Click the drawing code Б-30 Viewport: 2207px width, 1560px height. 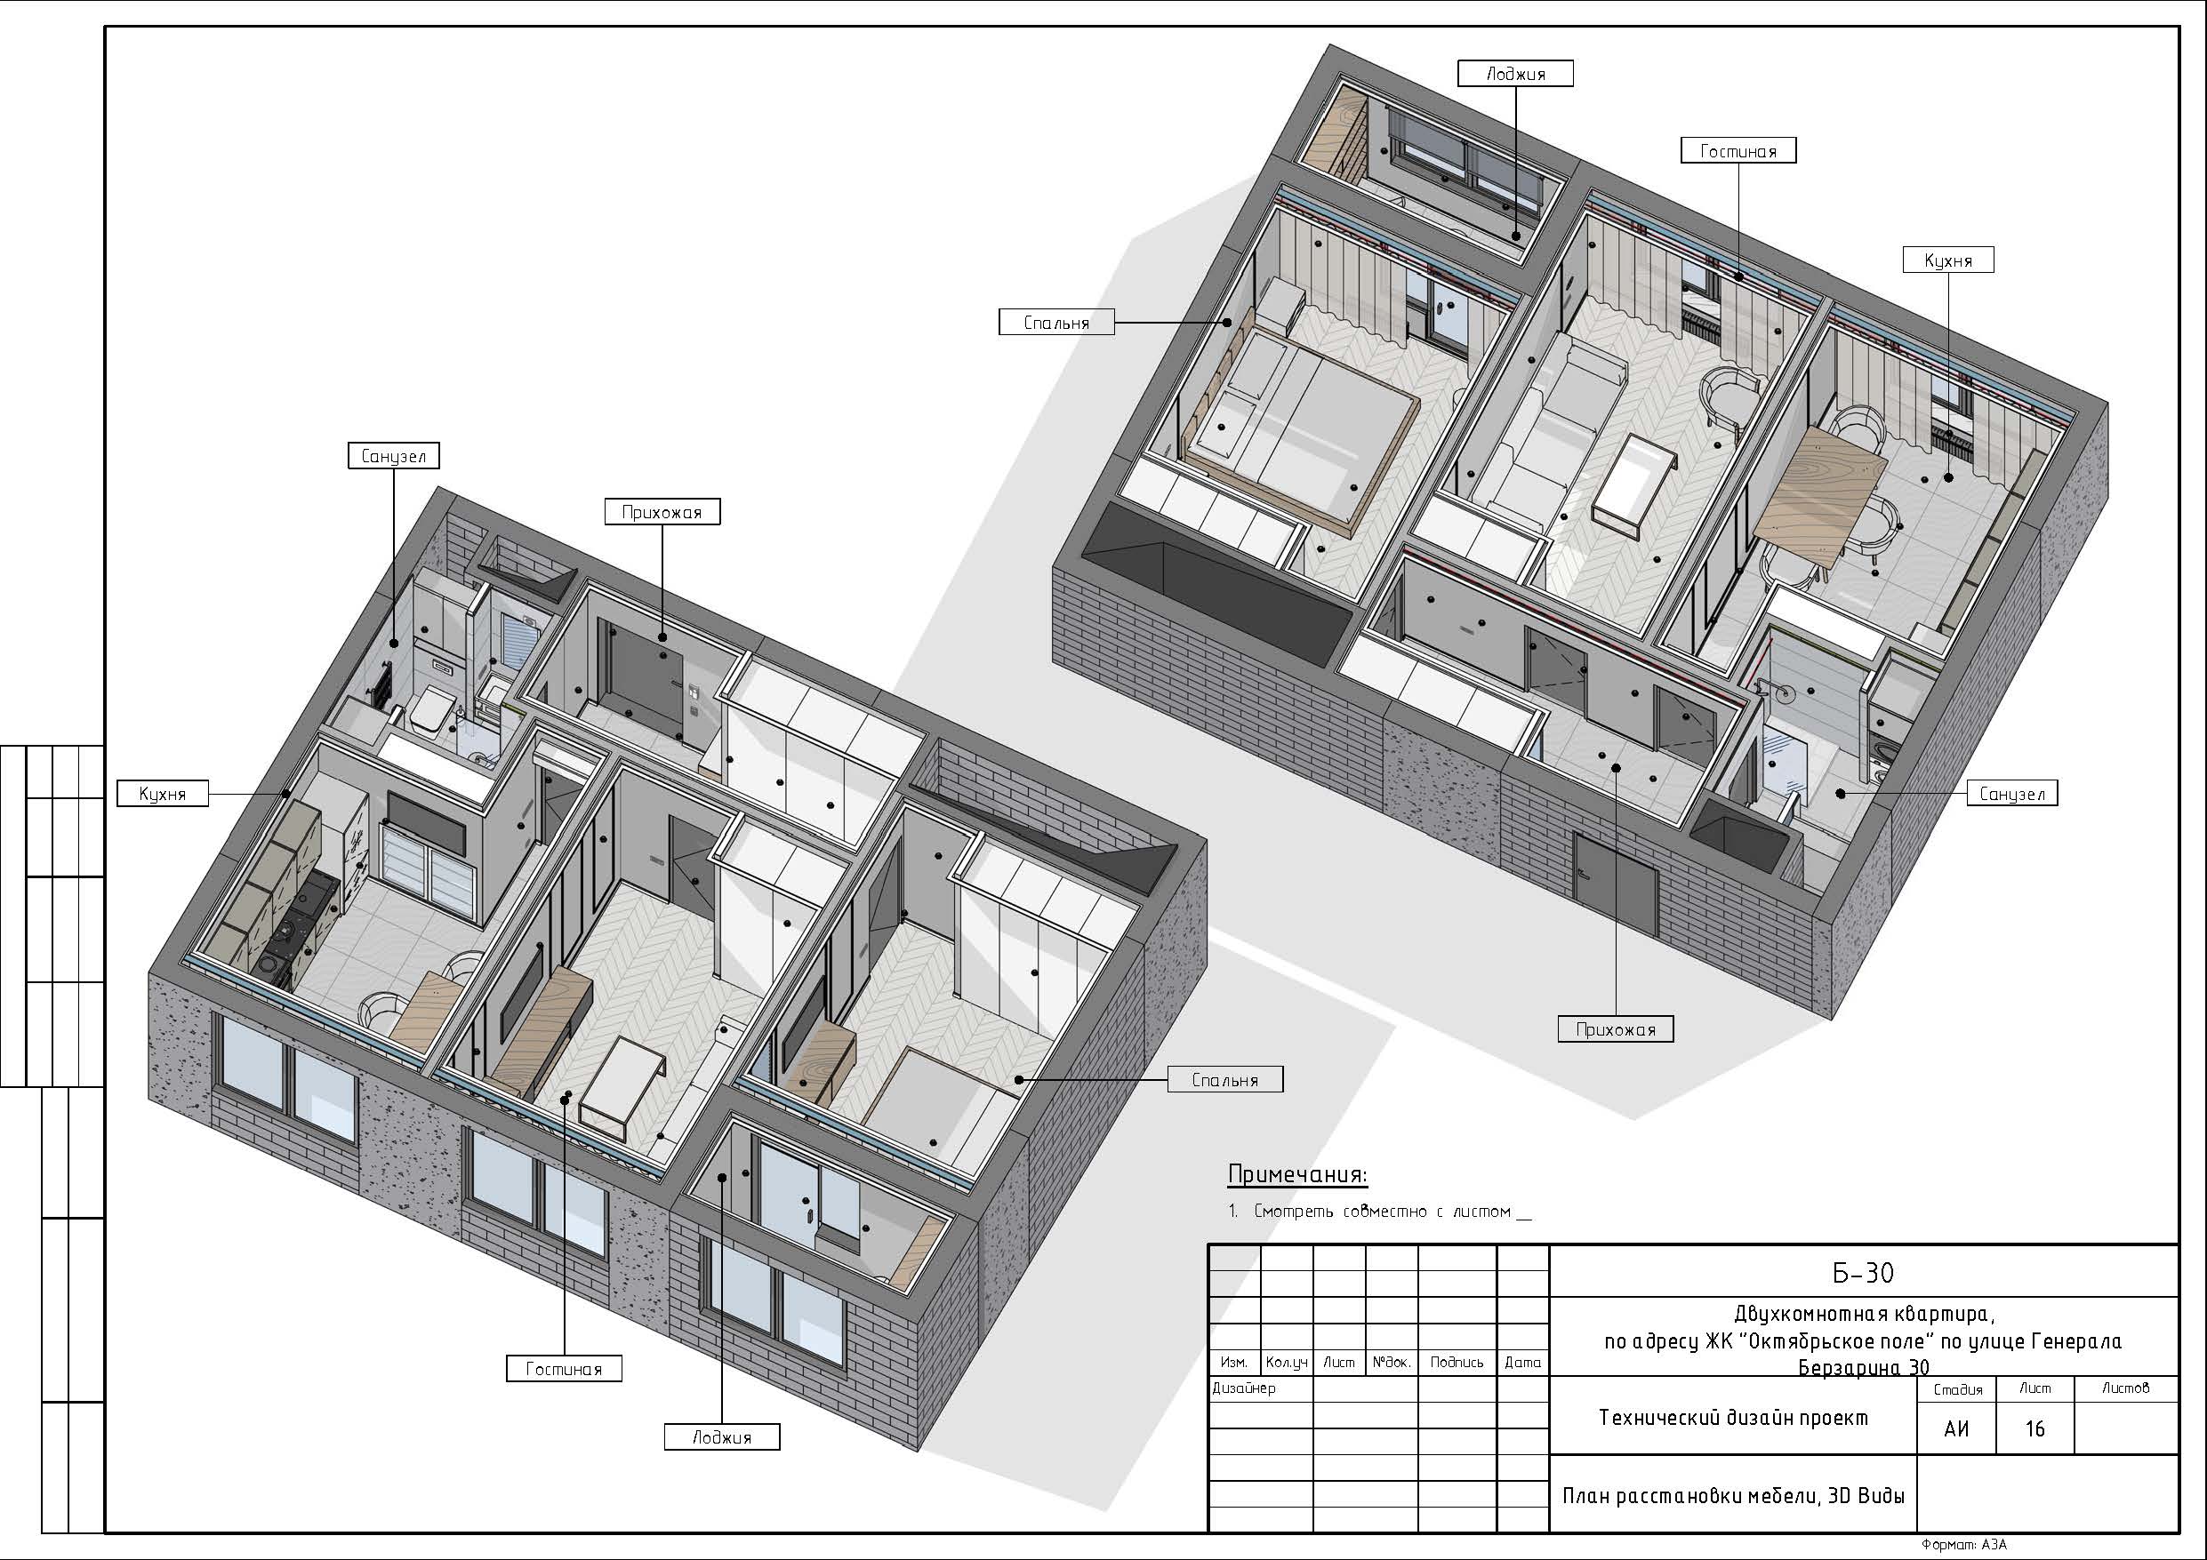(1863, 1273)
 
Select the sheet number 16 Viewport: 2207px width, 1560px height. (2034, 1429)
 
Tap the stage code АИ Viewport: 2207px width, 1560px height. (1956, 1429)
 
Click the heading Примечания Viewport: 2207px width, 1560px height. (1296, 1174)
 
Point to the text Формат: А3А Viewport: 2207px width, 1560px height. (1965, 1545)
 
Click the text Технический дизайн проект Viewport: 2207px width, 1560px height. (1733, 1418)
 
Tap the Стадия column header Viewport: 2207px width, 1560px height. (1957, 1389)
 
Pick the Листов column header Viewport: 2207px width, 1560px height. (2125, 1388)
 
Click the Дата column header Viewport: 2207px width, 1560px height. (1522, 1362)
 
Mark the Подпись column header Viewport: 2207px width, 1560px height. (1457, 1362)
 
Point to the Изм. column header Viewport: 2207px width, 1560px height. (1233, 1362)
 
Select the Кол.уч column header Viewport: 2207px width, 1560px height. (1286, 1362)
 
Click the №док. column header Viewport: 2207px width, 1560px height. (1391, 1362)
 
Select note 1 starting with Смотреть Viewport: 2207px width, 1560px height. (1379, 1212)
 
